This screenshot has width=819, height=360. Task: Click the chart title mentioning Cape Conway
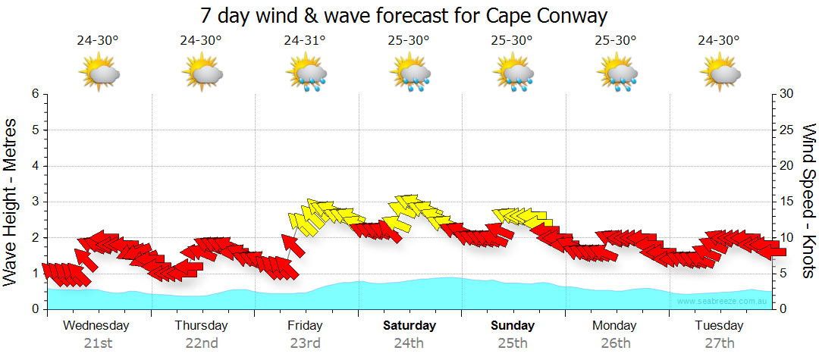[x=404, y=15]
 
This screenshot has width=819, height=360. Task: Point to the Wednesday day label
[x=96, y=326]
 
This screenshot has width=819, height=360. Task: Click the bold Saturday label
[x=409, y=326]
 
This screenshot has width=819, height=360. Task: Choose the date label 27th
[x=720, y=343]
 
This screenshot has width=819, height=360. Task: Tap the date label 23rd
[x=305, y=343]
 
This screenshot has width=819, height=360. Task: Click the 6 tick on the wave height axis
[x=35, y=94]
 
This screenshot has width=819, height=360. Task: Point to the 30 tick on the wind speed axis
[x=787, y=94]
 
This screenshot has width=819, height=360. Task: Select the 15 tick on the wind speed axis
[x=787, y=202]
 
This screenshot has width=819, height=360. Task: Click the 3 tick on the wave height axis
[x=35, y=202]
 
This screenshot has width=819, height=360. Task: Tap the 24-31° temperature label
[x=305, y=40]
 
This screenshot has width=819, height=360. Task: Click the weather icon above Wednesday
[x=99, y=73]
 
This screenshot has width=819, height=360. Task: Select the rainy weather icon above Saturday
[x=409, y=74]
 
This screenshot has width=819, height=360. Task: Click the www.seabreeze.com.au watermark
[x=723, y=302]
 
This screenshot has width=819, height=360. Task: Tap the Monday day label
[x=615, y=326]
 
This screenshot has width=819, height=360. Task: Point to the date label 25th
[x=513, y=343]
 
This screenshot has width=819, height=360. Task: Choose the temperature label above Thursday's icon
[x=201, y=40]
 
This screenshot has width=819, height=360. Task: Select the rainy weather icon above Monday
[x=617, y=74]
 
